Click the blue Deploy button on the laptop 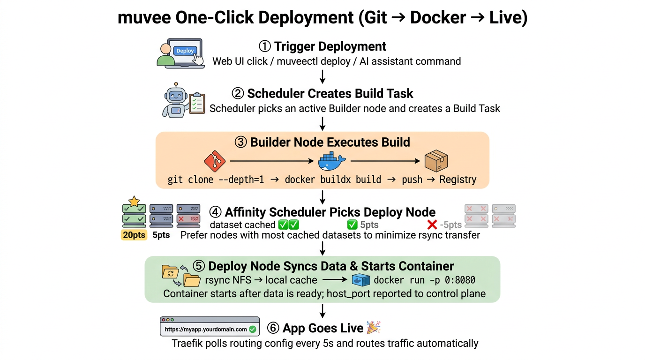coord(185,51)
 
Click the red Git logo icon coord(215,162)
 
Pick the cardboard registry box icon coord(436,161)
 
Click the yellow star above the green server coord(134,201)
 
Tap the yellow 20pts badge coord(134,235)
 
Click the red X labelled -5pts coord(432,225)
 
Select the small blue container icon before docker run coord(361,280)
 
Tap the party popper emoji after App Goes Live coord(373,328)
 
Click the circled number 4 coord(215,212)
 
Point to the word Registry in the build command coord(457,180)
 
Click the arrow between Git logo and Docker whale coord(271,162)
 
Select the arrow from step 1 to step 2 coord(322,76)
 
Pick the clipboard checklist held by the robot coord(196,103)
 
